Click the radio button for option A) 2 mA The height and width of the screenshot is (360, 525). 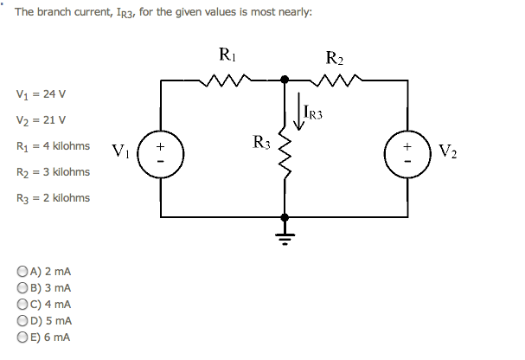pyautogui.click(x=22, y=271)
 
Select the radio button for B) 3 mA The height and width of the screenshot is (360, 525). pyautogui.click(x=22, y=287)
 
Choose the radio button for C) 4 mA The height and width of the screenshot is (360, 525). pyautogui.click(x=22, y=304)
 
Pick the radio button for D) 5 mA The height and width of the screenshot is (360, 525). pyautogui.click(x=22, y=320)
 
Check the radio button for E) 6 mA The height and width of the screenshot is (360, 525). pyautogui.click(x=22, y=337)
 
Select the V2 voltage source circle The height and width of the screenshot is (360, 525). pyautogui.click(x=407, y=149)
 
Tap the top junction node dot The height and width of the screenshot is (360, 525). pyautogui.click(x=285, y=80)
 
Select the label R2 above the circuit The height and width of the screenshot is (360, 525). pyautogui.click(x=335, y=59)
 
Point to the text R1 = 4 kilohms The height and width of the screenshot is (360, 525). pyautogui.click(x=52, y=146)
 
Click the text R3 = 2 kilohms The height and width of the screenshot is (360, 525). pyautogui.click(x=52, y=198)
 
